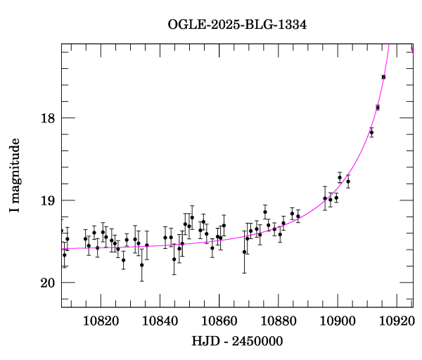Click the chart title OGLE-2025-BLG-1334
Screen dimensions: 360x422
[x=237, y=25]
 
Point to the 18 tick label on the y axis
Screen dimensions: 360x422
[x=47, y=118]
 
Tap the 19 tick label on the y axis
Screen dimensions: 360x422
[x=47, y=200]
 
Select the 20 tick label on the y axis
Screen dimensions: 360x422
[x=47, y=283]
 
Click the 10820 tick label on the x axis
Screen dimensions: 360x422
[x=101, y=321]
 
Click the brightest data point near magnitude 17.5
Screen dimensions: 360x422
[x=383, y=77]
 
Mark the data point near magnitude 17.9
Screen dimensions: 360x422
[x=378, y=108]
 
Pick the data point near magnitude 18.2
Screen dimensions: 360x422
[x=371, y=132]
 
